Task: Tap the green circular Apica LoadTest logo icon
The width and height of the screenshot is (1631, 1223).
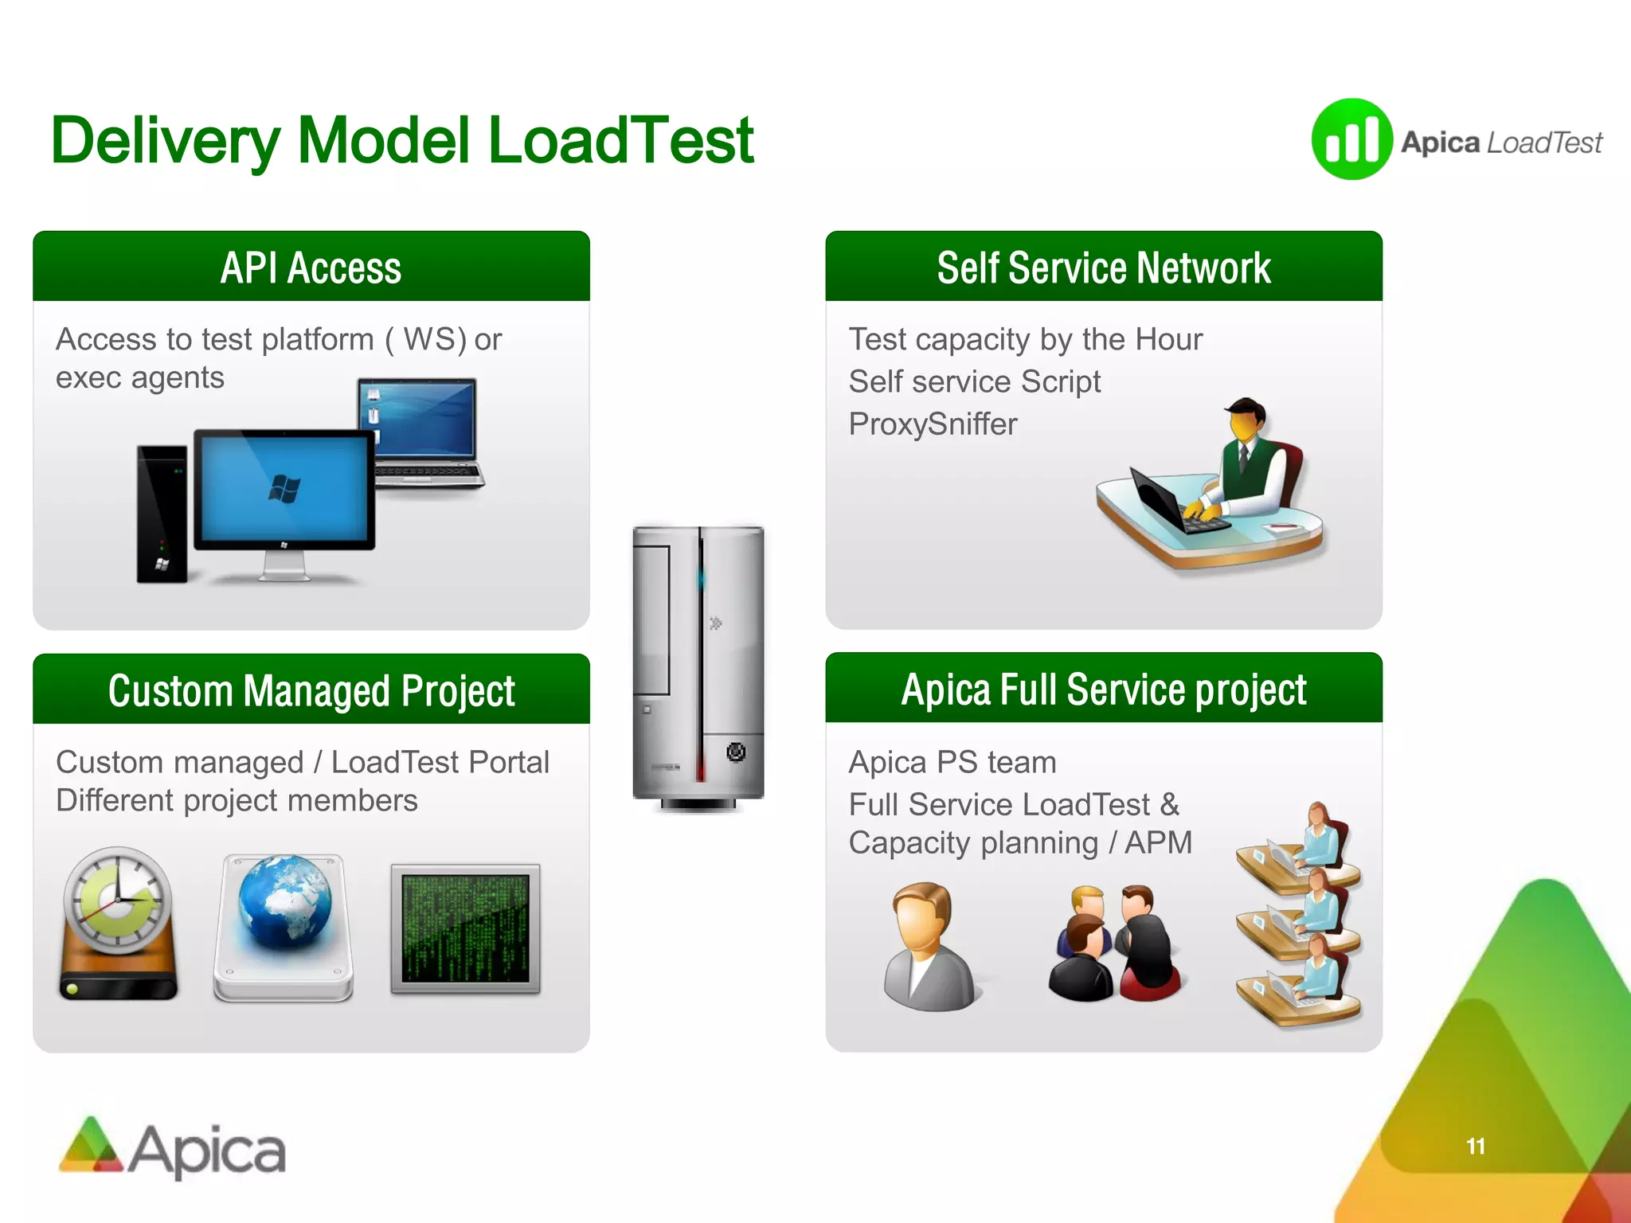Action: [x=1351, y=140]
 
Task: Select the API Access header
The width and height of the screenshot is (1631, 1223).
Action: [x=311, y=268]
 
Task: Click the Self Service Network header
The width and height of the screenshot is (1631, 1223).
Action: [x=1103, y=268]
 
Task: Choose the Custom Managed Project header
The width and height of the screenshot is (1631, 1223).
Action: [x=311, y=690]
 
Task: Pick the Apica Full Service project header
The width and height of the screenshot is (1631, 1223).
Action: [x=1103, y=690]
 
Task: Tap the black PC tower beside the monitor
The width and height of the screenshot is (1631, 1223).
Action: [x=162, y=514]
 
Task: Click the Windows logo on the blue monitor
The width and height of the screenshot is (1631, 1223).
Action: [x=284, y=487]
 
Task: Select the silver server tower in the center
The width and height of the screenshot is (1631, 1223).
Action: [x=698, y=665]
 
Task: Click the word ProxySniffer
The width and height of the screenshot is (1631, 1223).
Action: [x=933, y=424]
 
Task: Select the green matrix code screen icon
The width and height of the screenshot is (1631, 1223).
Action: [x=465, y=928]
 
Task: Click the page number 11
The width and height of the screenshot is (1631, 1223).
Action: [x=1475, y=1146]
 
